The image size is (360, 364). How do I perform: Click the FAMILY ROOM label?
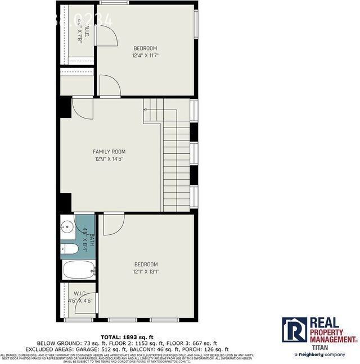[x=109, y=152]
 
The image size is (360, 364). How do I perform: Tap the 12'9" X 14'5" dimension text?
[x=109, y=159]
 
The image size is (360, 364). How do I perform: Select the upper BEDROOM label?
[x=145, y=48]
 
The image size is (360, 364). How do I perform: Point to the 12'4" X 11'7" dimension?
[x=145, y=56]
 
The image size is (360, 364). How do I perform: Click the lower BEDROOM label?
[x=146, y=265]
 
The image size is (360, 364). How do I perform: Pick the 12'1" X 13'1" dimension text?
[x=146, y=272]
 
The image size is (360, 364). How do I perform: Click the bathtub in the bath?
[x=78, y=270]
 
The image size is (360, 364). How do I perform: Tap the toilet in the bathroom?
[x=70, y=249]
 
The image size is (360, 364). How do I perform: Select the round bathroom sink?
[x=67, y=228]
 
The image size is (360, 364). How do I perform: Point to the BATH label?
[x=91, y=238]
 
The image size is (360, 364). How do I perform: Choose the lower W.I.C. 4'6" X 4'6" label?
[x=79, y=297]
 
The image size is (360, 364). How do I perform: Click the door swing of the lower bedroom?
[x=114, y=224]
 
